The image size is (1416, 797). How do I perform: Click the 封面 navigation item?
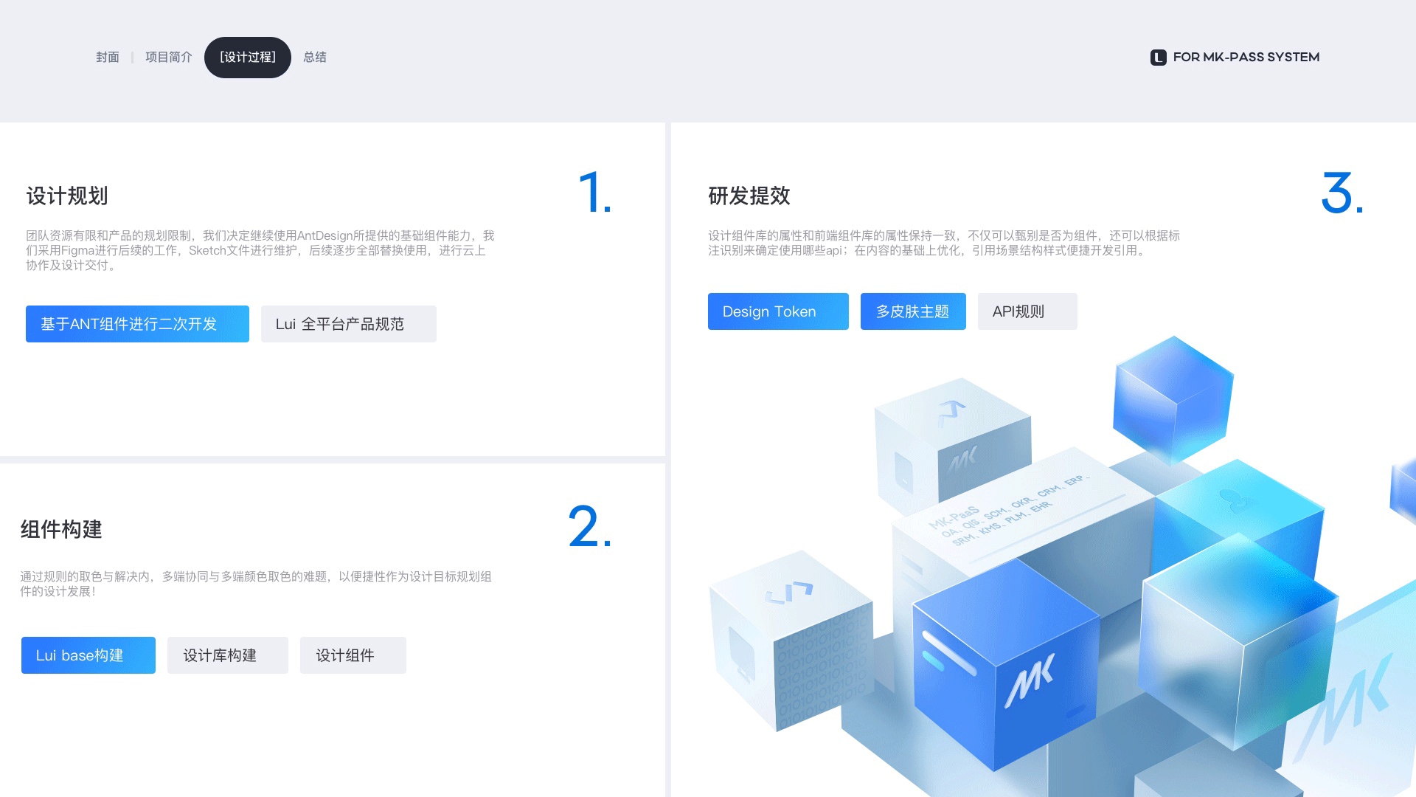tap(108, 57)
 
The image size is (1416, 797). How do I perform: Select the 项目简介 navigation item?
tap(168, 57)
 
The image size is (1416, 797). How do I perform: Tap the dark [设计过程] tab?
tap(248, 57)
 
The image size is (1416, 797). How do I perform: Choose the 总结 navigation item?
tap(315, 57)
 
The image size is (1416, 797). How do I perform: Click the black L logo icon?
tap(1158, 58)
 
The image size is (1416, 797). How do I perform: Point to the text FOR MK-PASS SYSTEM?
tap(1246, 57)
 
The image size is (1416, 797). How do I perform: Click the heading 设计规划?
tap(67, 196)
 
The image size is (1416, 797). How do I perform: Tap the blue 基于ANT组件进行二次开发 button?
tap(137, 324)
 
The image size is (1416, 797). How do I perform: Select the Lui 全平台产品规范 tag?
tap(348, 324)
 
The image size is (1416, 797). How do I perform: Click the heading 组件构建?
tap(61, 529)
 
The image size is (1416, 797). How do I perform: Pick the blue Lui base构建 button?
tap(88, 655)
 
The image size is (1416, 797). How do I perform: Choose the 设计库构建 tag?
tap(227, 655)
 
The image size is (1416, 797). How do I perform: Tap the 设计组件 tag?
tap(353, 655)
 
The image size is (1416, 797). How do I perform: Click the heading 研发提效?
tap(749, 196)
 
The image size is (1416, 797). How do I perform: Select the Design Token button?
tap(778, 311)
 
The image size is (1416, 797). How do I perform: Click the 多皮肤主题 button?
tap(913, 311)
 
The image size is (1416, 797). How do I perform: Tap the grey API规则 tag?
tap(1027, 311)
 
